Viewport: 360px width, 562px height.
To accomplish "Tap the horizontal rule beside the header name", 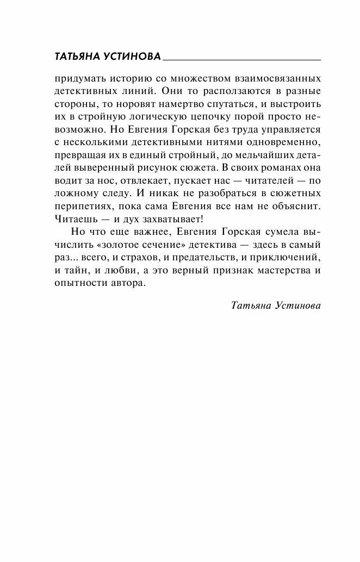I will [241, 58].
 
